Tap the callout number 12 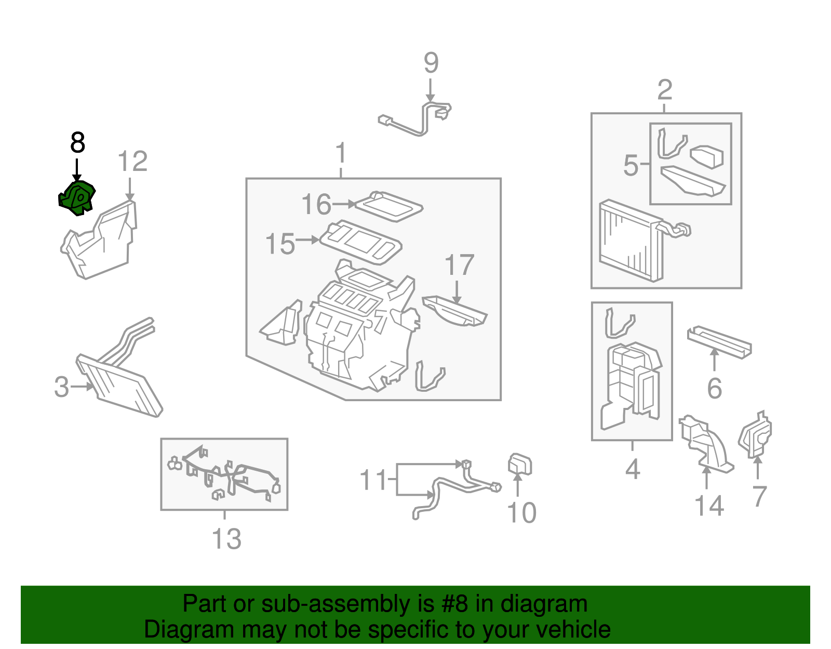pyautogui.click(x=132, y=162)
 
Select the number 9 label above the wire pyautogui.click(x=431, y=63)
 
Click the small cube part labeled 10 pyautogui.click(x=519, y=464)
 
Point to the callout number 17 pyautogui.click(x=459, y=266)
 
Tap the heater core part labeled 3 pyautogui.click(x=119, y=385)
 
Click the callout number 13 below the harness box pyautogui.click(x=226, y=539)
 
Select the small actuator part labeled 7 pyautogui.click(x=755, y=435)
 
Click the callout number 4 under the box pyautogui.click(x=632, y=469)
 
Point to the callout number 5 pyautogui.click(x=630, y=165)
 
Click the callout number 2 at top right pyautogui.click(x=664, y=90)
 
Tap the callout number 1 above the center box pyautogui.click(x=341, y=154)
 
